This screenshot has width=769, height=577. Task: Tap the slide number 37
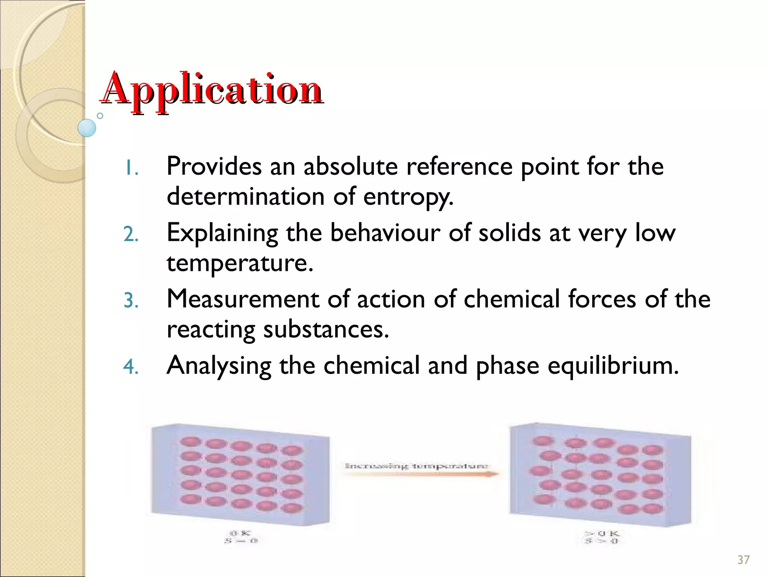click(743, 560)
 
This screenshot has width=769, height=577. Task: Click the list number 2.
click(131, 234)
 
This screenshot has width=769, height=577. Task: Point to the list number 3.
click(131, 301)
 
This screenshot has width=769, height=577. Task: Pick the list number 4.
click(131, 367)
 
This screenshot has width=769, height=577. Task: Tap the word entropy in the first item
click(408, 197)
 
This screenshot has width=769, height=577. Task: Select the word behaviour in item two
click(385, 233)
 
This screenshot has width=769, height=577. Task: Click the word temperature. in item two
click(240, 263)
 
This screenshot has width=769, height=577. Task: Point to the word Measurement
click(243, 299)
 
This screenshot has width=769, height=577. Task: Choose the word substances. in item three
click(326, 329)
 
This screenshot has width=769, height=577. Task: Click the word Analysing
click(219, 366)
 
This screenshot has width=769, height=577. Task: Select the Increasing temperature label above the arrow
click(416, 466)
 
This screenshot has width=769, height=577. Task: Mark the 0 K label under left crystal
click(240, 533)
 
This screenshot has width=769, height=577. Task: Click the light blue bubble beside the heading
click(87, 128)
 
